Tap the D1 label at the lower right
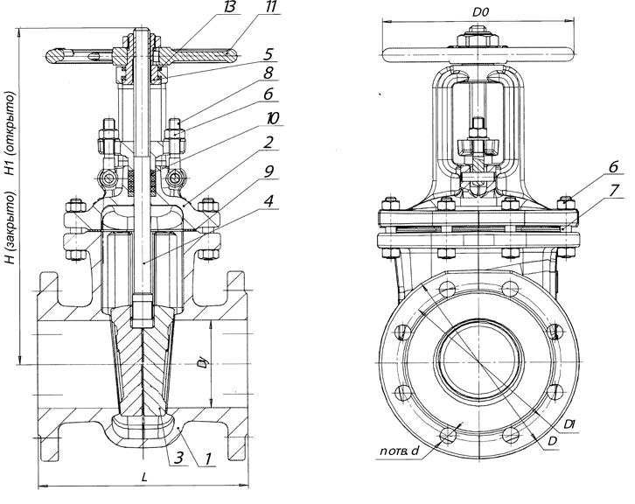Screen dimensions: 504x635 click(x=571, y=423)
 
